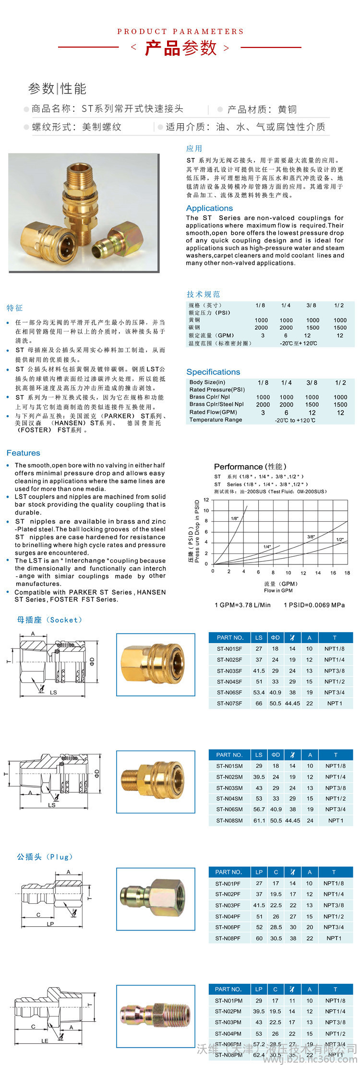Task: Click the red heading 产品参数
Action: [180, 48]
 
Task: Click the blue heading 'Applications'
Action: [209, 208]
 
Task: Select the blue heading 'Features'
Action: [23, 453]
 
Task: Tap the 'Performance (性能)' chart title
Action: [250, 467]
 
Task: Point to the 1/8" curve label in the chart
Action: [235, 518]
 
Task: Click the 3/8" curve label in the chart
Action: [311, 537]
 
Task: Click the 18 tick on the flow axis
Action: [347, 573]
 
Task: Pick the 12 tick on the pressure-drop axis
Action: [206, 500]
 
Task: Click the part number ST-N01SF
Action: [229, 649]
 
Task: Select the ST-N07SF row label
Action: [229, 704]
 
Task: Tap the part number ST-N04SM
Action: [229, 799]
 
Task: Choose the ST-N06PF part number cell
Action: [228, 927]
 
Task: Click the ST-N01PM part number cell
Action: [228, 1001]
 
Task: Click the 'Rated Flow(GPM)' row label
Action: [213, 412]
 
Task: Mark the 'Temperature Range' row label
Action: [216, 420]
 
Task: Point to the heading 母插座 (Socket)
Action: [49, 620]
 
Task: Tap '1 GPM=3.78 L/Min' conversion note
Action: [242, 605]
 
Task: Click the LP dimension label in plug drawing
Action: [50, 924]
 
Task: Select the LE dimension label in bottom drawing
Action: [45, 1041]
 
